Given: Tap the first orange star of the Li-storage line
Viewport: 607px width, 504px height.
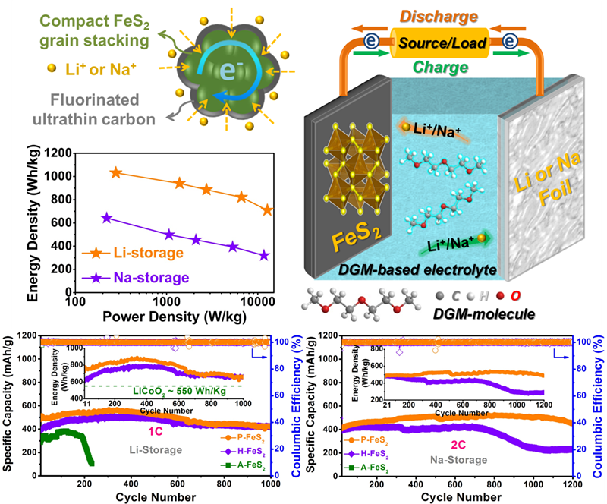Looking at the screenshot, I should (x=115, y=173).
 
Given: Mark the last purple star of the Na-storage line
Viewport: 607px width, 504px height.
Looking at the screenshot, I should (x=264, y=255).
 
